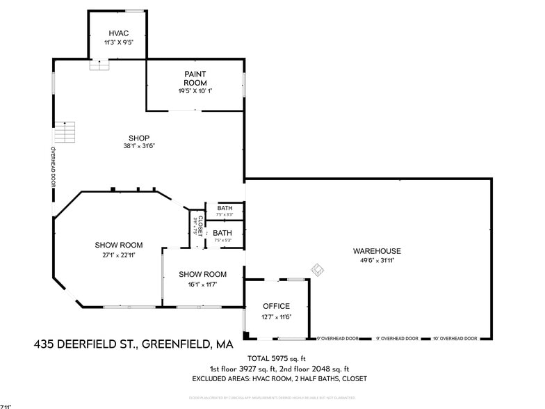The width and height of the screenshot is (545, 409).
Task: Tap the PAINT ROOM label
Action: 195,78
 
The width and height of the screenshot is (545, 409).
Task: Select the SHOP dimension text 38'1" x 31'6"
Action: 139,146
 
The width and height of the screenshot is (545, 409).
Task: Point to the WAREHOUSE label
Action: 377,251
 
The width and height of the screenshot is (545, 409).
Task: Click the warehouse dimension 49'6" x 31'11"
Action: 377,261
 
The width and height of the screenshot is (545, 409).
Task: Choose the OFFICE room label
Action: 276,306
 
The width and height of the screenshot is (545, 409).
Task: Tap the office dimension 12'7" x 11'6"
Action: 276,316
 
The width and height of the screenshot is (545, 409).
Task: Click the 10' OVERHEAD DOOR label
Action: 455,339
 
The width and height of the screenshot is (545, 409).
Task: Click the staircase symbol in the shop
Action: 65,131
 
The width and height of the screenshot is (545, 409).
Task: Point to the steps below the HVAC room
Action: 99,65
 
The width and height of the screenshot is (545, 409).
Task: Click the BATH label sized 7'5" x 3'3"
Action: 225,208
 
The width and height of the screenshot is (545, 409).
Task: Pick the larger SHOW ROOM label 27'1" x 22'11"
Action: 119,245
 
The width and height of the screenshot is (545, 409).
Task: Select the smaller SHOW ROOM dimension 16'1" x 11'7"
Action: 202,284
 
